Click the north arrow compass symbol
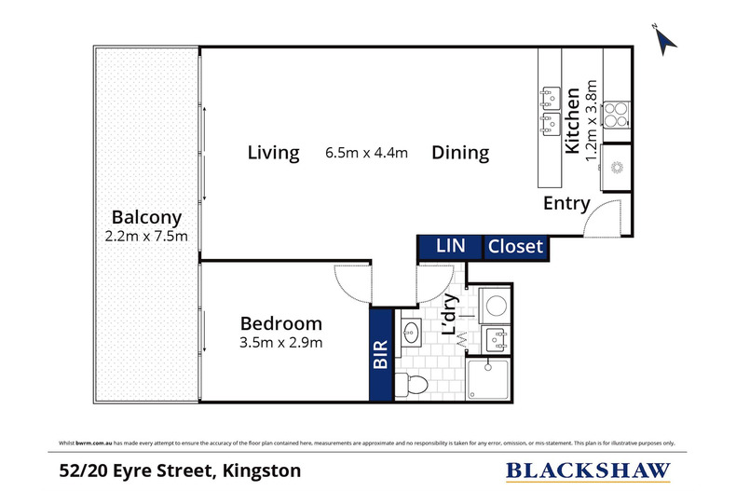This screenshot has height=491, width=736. pyautogui.click(x=664, y=38)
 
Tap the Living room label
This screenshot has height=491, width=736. pyautogui.click(x=273, y=153)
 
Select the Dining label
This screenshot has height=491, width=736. pyautogui.click(x=460, y=153)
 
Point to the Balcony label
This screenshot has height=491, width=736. pyautogui.click(x=146, y=215)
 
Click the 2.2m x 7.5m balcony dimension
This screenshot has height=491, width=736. pyautogui.click(x=146, y=236)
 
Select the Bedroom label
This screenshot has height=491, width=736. pyautogui.click(x=280, y=323)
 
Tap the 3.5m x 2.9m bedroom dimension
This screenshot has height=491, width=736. pyautogui.click(x=280, y=344)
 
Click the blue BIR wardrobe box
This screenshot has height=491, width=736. pyautogui.click(x=380, y=355)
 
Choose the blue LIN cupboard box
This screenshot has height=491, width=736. pyautogui.click(x=449, y=247)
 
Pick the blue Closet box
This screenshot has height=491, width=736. pyautogui.click(x=515, y=247)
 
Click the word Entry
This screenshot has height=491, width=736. pyautogui.click(x=567, y=204)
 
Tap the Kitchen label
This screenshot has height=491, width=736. pyautogui.click(x=574, y=120)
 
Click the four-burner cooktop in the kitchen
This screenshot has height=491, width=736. pyautogui.click(x=617, y=115)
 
